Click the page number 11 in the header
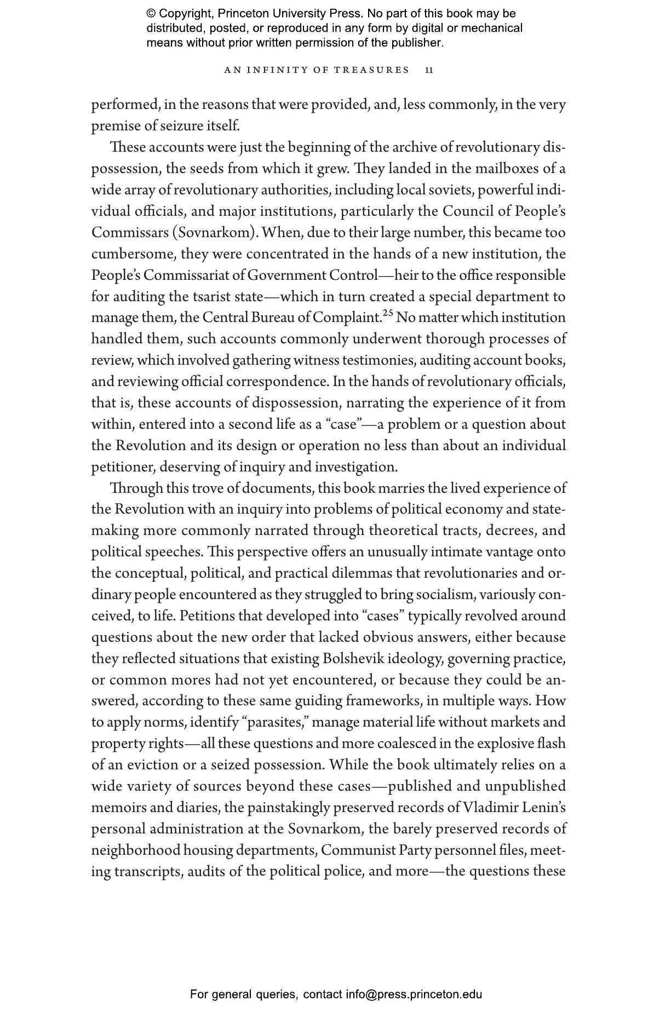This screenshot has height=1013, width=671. click(429, 70)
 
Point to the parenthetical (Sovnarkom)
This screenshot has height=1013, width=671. click(215, 233)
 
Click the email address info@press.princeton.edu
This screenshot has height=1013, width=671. click(414, 994)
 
